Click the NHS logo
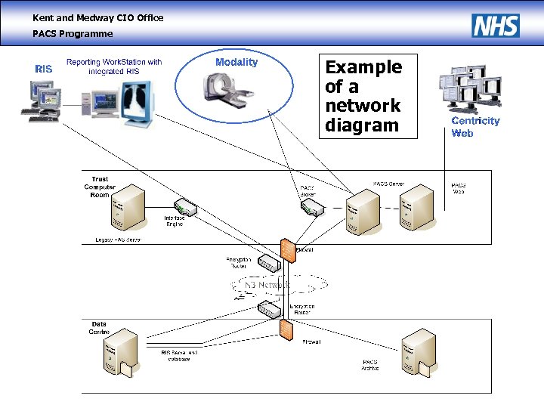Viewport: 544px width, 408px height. pyautogui.click(x=496, y=26)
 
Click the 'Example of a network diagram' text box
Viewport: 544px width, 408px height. pyautogui.click(x=363, y=96)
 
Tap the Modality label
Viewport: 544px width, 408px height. pyautogui.click(x=236, y=62)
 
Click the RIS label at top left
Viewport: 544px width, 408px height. pyautogui.click(x=44, y=69)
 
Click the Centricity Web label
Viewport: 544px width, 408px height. pyautogui.click(x=475, y=127)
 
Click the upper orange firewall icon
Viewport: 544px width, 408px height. pyautogui.click(x=288, y=250)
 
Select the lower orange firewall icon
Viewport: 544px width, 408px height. pyautogui.click(x=286, y=329)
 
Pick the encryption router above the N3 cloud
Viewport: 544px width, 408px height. pyautogui.click(x=268, y=263)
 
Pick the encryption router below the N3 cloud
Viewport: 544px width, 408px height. pyautogui.click(x=268, y=309)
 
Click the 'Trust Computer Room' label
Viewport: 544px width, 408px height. pyautogui.click(x=100, y=187)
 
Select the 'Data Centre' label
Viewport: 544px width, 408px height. pyautogui.click(x=99, y=328)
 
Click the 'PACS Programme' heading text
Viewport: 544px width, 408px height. pyautogui.click(x=73, y=33)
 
